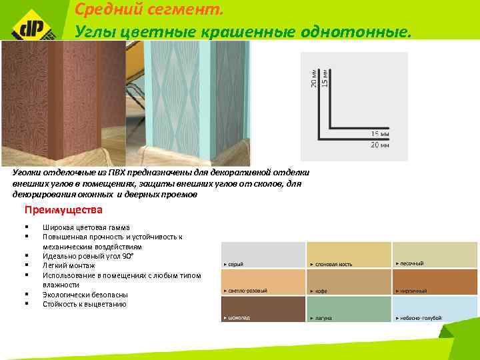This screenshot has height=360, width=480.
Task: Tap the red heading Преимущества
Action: click(x=63, y=211)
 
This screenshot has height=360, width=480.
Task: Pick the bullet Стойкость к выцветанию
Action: click(x=84, y=304)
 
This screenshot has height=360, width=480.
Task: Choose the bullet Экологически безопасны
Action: click(x=85, y=294)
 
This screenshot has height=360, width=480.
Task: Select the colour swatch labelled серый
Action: click(x=263, y=255)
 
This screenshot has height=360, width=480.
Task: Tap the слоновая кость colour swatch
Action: click(x=349, y=255)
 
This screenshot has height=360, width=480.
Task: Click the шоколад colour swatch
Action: click(x=263, y=309)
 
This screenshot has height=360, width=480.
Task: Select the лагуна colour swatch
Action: click(x=349, y=309)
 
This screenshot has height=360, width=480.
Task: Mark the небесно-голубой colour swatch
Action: click(x=435, y=309)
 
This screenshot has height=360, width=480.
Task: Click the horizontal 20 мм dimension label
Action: click(x=380, y=144)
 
